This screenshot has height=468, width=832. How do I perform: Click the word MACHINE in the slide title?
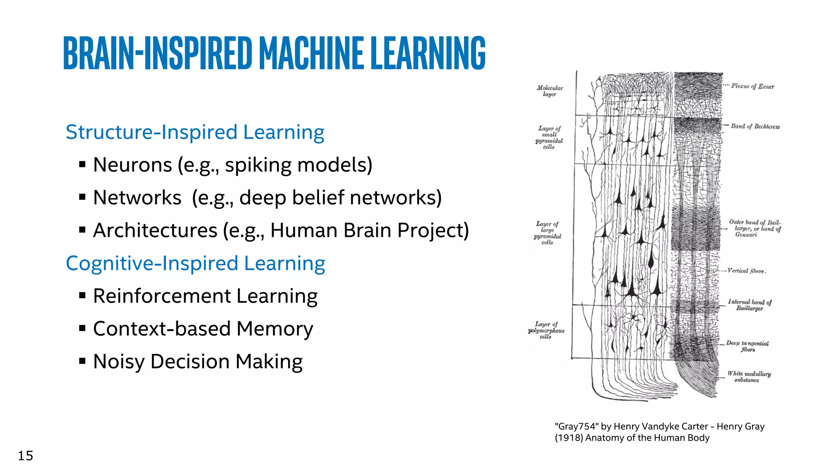[x=311, y=53]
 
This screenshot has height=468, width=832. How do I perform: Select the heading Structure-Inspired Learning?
[x=195, y=132]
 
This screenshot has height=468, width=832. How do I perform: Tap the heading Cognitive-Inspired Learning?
[x=195, y=264]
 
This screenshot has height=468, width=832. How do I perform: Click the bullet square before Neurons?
[x=82, y=165]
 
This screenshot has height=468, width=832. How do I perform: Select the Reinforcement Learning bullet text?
[x=205, y=296]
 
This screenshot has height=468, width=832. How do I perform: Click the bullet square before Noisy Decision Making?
[x=82, y=361]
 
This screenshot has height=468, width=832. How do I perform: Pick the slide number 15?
[x=25, y=456]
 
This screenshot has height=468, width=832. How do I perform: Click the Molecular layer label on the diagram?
[x=550, y=91]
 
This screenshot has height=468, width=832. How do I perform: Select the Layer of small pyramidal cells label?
[x=549, y=137]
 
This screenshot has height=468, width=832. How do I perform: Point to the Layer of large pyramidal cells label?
[x=547, y=233]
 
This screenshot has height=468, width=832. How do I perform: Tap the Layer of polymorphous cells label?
[x=546, y=330]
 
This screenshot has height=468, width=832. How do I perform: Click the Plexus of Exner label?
[x=752, y=86]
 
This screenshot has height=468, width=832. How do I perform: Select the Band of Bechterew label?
[x=755, y=126]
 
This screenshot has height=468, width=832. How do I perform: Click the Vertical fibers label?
[x=746, y=271]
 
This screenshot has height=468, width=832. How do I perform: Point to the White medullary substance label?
[x=749, y=377]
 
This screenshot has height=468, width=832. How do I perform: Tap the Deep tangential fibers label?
[x=747, y=346]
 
